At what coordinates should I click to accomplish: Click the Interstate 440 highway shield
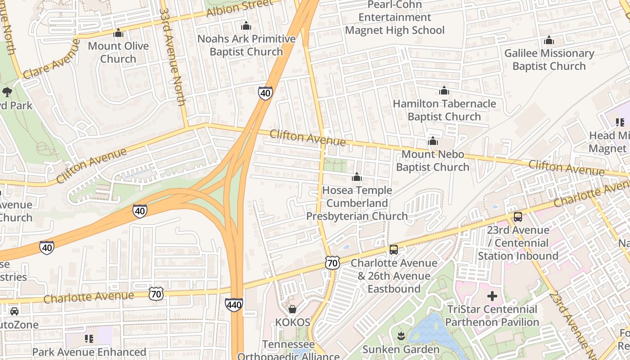pyautogui.click(x=234, y=305)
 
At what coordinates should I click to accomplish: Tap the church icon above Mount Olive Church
pyautogui.click(x=118, y=33)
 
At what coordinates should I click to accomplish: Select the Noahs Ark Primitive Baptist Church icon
pyautogui.click(x=246, y=26)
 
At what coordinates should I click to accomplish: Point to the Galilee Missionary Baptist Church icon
pyautogui.click(x=549, y=40)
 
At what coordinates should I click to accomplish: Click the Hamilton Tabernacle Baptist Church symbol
pyautogui.click(x=444, y=91)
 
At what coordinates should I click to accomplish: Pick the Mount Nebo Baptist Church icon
pyautogui.click(x=433, y=141)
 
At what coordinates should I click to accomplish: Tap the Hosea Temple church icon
pyautogui.click(x=357, y=177)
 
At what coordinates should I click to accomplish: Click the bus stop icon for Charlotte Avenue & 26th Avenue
pyautogui.click(x=394, y=250)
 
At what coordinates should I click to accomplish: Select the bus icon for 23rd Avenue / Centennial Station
pyautogui.click(x=518, y=217)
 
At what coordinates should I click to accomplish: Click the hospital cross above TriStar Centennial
pyautogui.click(x=492, y=296)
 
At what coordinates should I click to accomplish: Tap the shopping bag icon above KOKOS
pyautogui.click(x=292, y=309)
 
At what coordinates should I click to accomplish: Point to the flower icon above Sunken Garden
pyautogui.click(x=401, y=336)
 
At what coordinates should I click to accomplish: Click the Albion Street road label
pyautogui.click(x=239, y=8)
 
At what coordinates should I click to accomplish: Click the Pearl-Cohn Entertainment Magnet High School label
pyautogui.click(x=395, y=18)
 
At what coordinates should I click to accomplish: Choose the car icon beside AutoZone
pyautogui.click(x=14, y=311)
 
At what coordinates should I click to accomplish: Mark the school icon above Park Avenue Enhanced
pyautogui.click(x=89, y=338)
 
